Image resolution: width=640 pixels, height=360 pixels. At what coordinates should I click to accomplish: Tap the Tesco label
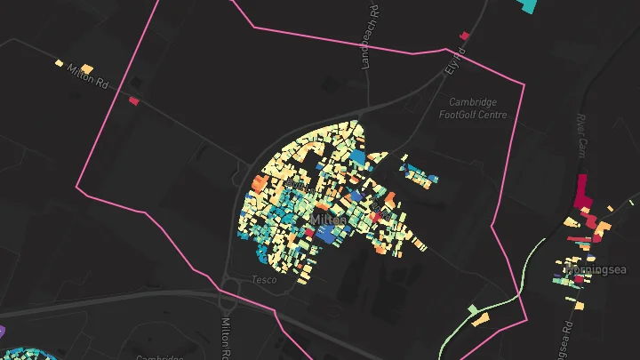pyautogui.click(x=265, y=280)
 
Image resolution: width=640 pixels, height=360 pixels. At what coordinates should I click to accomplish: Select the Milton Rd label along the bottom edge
pyautogui.click(x=226, y=338)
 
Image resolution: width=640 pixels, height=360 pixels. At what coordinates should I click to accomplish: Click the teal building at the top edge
pyautogui.click(x=528, y=4)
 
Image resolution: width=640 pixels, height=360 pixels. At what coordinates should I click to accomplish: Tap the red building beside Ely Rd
pyautogui.click(x=463, y=36)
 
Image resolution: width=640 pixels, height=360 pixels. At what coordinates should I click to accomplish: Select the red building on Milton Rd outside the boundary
pyautogui.click(x=134, y=100)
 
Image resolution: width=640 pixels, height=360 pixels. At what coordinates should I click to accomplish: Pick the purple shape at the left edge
pyautogui.click(x=2, y=331)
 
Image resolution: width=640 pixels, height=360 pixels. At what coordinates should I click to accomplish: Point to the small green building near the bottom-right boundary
pyautogui.click(x=472, y=309)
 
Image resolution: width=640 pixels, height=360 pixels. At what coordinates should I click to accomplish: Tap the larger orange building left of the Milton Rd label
pyautogui.click(x=86, y=68)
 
